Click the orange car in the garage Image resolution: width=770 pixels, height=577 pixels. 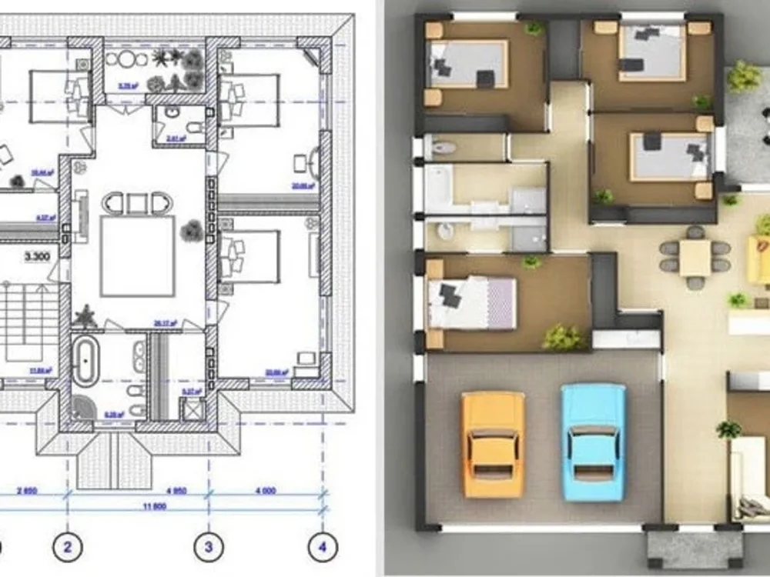(493, 444)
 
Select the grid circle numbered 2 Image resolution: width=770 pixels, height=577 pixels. (68, 548)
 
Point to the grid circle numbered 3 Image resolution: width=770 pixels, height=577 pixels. (207, 548)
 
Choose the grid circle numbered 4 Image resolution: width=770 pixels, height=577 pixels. (322, 548)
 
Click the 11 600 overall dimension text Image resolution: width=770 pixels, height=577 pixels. (155, 509)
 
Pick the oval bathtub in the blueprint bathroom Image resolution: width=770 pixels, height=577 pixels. (85, 362)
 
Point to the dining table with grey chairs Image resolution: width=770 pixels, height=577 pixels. (695, 257)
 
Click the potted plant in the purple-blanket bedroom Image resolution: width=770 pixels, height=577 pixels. (563, 336)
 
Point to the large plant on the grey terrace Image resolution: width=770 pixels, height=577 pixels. (743, 75)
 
